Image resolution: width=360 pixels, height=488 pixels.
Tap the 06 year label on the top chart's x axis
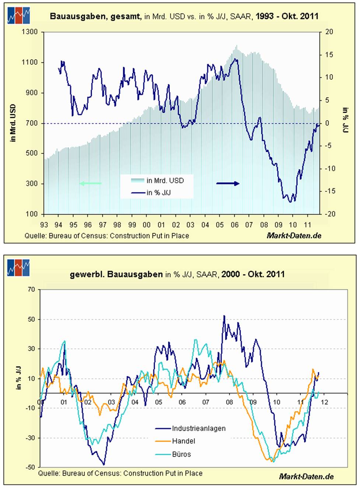[x=234, y=225]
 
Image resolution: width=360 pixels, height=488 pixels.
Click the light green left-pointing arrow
[x=90, y=183]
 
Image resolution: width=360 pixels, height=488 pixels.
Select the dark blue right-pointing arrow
[x=228, y=183]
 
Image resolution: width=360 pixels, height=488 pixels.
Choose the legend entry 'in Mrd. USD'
[x=165, y=180]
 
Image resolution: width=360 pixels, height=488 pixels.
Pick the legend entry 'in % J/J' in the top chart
[x=158, y=193]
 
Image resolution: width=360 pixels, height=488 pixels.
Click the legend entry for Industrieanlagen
[x=199, y=428]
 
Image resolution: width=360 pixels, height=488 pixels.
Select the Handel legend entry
[x=184, y=441]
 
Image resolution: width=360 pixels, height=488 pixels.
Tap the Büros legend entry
[x=181, y=454]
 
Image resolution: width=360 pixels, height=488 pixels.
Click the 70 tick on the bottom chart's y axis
[x=31, y=289]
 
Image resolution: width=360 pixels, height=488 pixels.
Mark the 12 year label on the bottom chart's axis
[x=324, y=402]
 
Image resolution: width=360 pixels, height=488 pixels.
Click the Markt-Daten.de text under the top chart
[x=294, y=236]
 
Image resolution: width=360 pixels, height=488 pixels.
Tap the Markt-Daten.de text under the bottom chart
[x=306, y=476]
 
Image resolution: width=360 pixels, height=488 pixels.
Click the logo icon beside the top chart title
[x=18, y=15]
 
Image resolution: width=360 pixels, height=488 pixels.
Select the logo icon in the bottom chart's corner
[x=18, y=268]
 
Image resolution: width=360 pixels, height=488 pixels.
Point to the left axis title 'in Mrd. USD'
[x=13, y=123]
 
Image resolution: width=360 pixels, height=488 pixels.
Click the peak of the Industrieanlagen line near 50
[x=224, y=316]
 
